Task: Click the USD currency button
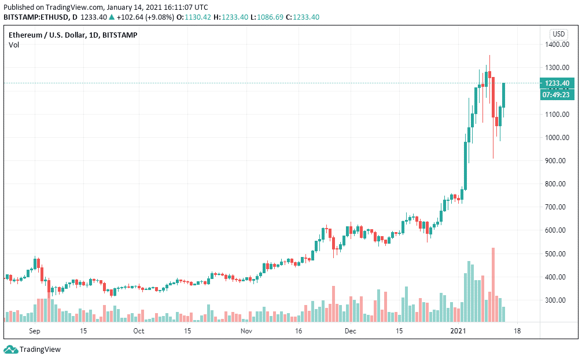coord(559,34)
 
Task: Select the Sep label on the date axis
coord(35,332)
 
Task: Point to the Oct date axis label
coord(138,332)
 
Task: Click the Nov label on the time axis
coord(246,332)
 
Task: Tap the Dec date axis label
coord(350,332)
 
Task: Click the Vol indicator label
coord(14,45)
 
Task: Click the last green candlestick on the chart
coord(504,95)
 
